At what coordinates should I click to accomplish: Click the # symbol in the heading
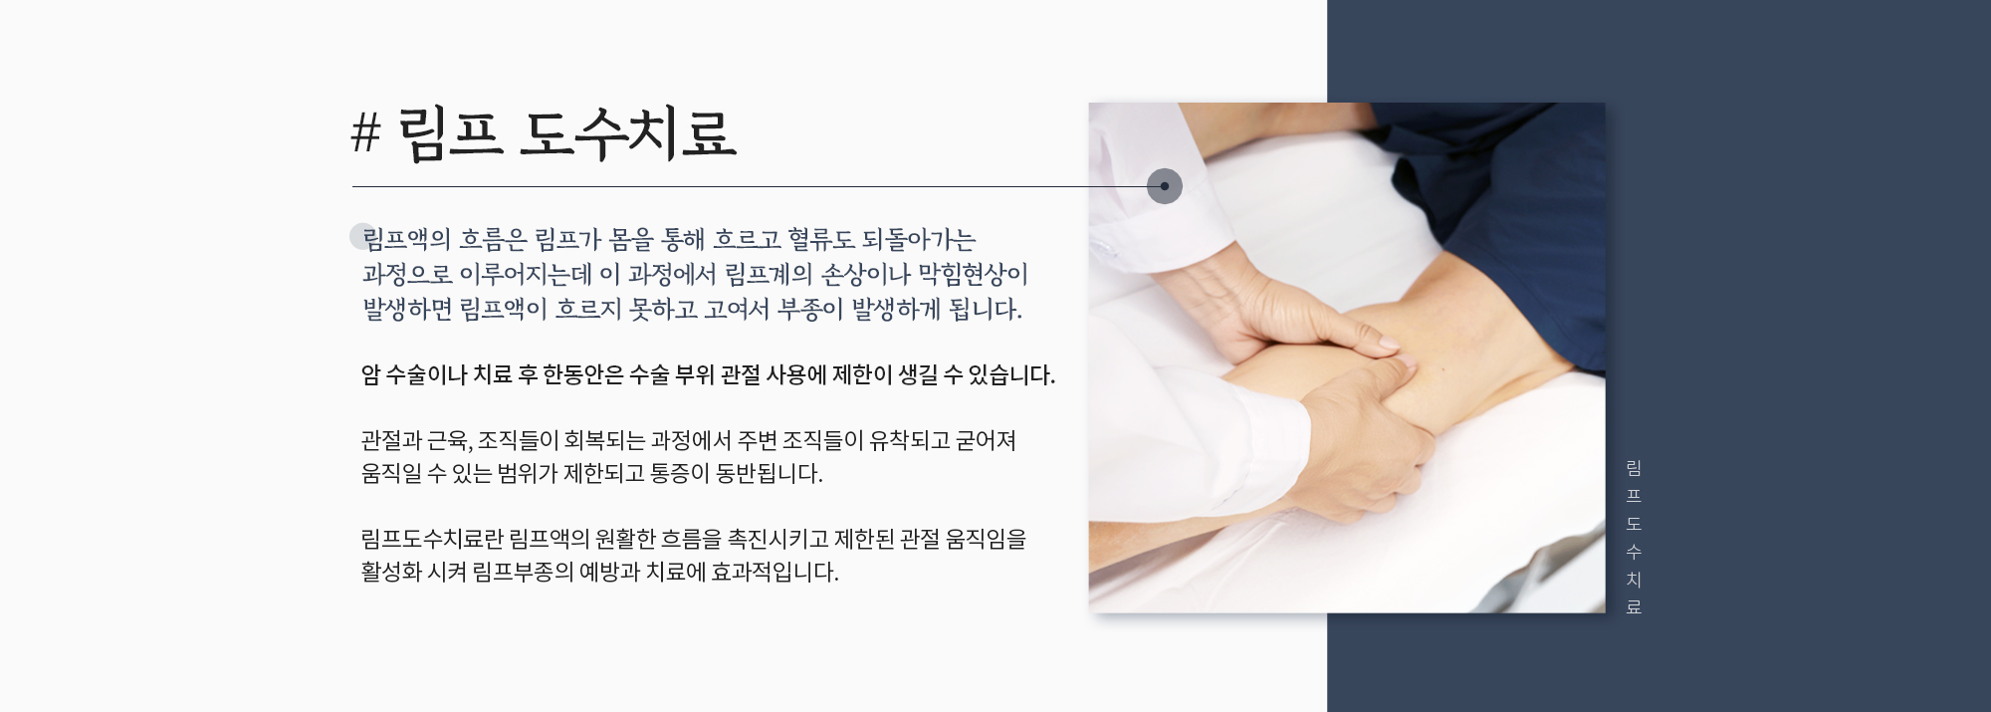tap(365, 132)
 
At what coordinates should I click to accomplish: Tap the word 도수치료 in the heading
tap(627, 133)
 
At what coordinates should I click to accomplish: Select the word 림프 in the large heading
tap(450, 133)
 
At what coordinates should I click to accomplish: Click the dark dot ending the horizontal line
tap(1165, 186)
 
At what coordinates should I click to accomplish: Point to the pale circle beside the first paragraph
tap(362, 236)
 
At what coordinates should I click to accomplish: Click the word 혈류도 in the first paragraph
tap(820, 240)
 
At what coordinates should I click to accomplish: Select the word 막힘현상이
tap(973, 275)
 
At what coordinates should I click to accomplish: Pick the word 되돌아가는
tap(919, 240)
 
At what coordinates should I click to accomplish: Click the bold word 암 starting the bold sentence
tap(370, 375)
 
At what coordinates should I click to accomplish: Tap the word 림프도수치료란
tap(432, 540)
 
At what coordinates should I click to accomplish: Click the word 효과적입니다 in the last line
tap(774, 573)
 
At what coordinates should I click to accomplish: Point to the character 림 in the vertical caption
tap(1634, 468)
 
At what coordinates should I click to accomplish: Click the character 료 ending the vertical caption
tap(1634, 606)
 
